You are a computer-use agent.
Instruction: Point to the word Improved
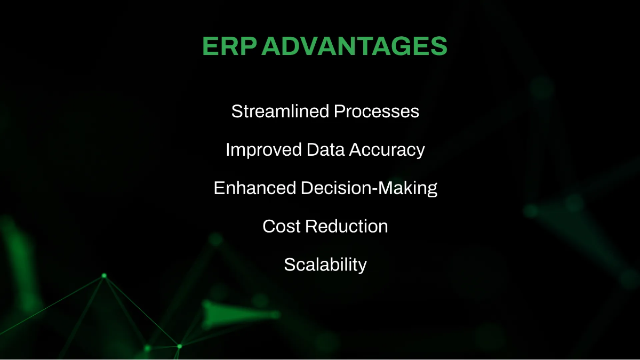point(263,150)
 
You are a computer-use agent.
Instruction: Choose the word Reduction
point(347,226)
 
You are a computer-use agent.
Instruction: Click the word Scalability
point(325,265)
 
